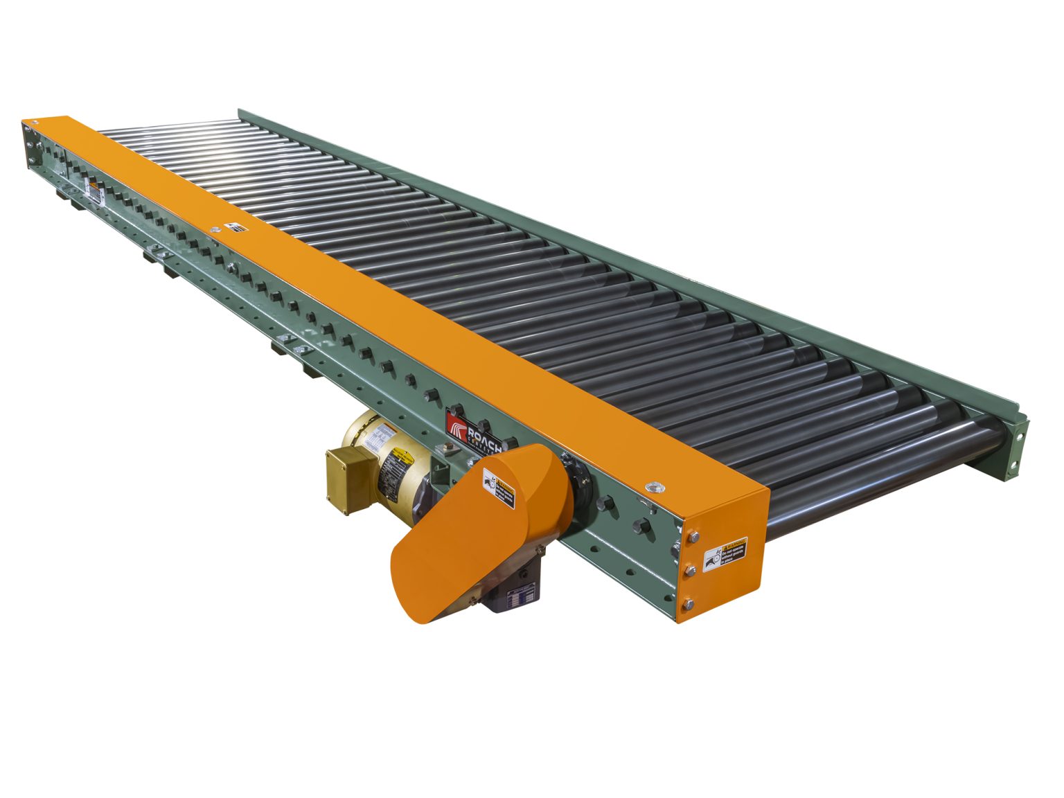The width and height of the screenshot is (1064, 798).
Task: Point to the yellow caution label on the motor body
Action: [401, 458]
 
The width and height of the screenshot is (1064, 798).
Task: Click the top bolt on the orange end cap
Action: [689, 537]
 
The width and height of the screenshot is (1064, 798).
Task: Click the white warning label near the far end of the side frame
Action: [91, 187]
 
